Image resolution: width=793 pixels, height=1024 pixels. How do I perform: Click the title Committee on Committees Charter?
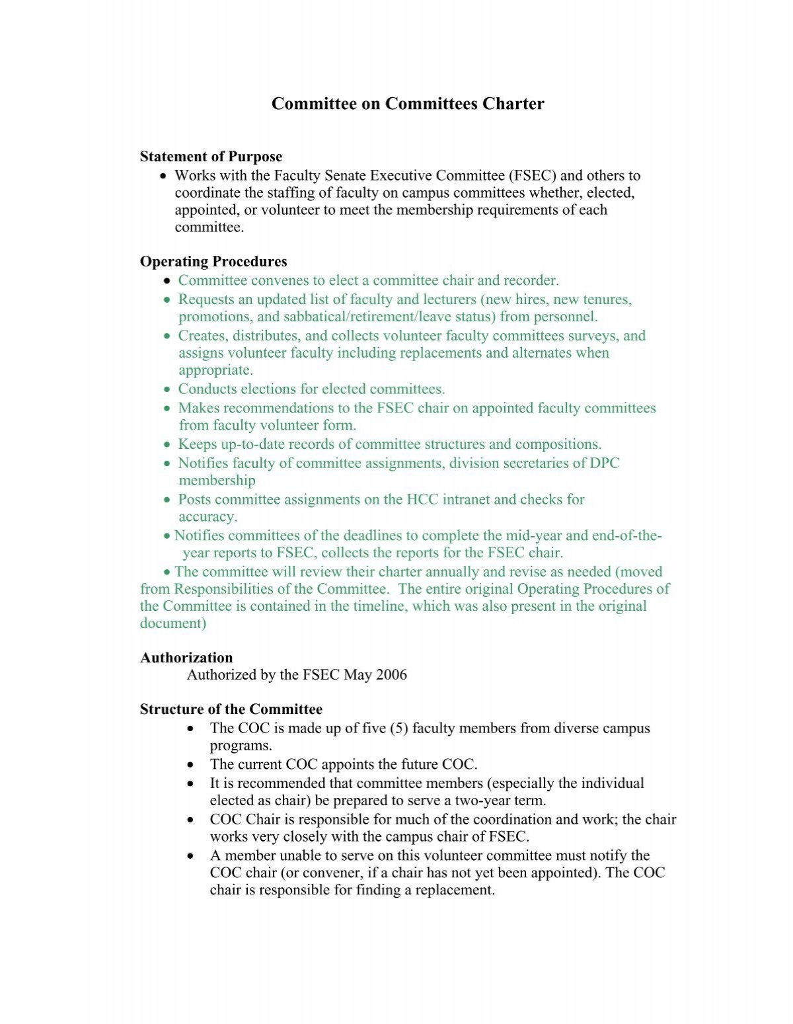point(408,104)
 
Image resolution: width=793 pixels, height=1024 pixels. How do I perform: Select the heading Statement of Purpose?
point(211,157)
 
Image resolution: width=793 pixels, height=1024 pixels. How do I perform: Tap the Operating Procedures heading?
point(213,261)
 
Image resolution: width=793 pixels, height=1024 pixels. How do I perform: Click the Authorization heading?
point(186,658)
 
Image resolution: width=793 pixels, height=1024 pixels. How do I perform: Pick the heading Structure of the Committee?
point(231,709)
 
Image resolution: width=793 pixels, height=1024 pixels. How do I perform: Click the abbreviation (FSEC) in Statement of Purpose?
point(533,176)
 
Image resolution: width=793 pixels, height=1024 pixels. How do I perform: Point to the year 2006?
point(391,675)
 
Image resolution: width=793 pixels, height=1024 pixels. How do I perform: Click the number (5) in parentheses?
point(398,729)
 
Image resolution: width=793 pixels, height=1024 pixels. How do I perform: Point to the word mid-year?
point(533,535)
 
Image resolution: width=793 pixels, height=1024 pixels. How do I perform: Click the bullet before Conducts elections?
point(167,390)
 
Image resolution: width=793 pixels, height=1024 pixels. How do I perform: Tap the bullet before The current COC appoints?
point(191,765)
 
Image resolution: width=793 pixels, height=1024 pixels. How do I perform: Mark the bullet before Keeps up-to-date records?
point(167,445)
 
